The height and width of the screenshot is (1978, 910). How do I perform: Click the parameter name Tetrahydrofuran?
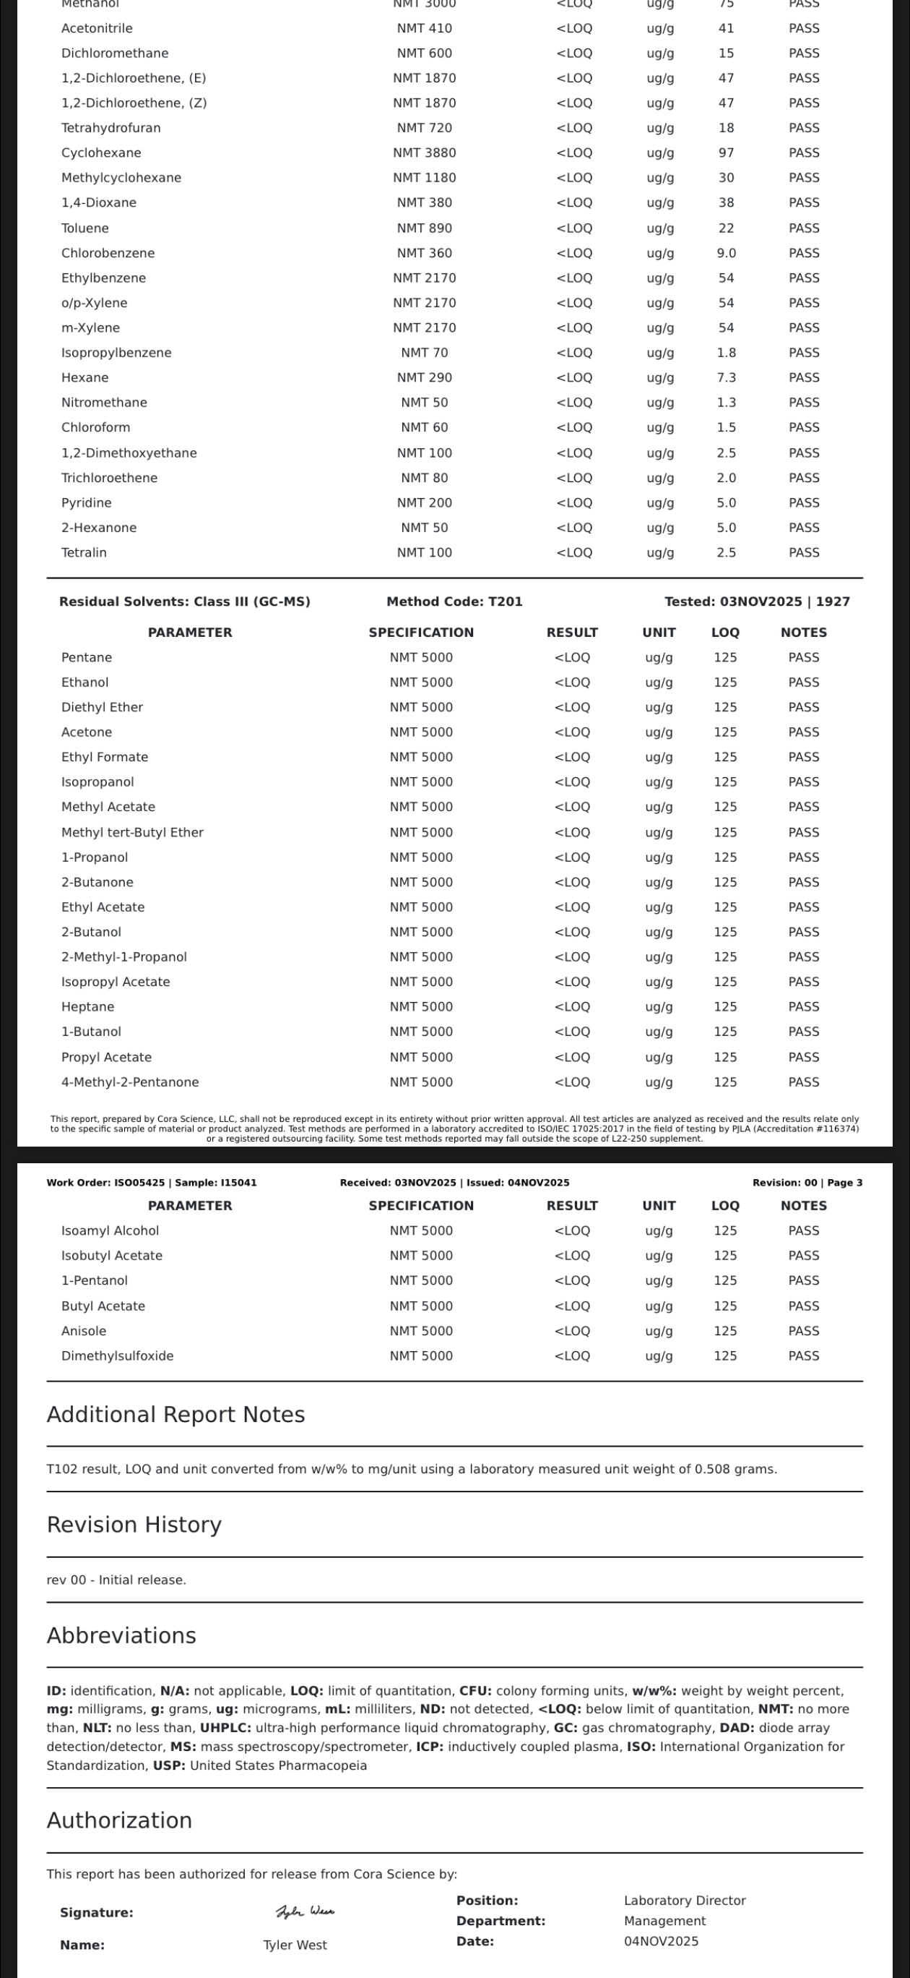[110, 127]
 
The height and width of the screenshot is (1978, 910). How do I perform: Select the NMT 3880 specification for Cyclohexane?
[425, 153]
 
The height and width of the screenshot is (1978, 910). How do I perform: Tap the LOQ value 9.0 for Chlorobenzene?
[726, 252]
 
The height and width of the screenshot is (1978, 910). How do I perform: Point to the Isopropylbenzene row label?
[116, 353]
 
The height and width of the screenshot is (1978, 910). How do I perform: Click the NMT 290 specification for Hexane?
[425, 377]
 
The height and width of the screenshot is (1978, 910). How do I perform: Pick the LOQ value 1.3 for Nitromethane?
[726, 403]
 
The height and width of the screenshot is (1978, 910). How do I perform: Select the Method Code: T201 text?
[454, 601]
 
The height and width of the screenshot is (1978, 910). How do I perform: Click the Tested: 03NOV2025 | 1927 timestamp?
[757, 601]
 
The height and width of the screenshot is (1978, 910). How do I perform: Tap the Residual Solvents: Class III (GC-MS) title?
[184, 601]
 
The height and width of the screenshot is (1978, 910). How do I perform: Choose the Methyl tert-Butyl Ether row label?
[132, 832]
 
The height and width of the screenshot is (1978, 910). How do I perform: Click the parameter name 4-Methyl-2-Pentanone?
[130, 1082]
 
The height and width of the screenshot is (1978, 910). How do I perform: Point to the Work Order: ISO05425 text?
[106, 1183]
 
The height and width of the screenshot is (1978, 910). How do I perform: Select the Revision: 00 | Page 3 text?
[807, 1183]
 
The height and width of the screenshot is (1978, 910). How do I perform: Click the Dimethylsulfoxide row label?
[118, 1356]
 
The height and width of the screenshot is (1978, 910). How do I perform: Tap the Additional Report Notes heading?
[175, 1414]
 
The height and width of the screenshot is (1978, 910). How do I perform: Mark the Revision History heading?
[134, 1524]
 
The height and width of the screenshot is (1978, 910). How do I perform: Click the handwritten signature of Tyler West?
[305, 1911]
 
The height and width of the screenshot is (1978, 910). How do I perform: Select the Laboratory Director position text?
[685, 1901]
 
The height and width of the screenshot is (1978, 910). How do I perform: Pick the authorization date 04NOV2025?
[661, 1941]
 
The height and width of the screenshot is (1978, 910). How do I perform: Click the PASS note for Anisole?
[803, 1331]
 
